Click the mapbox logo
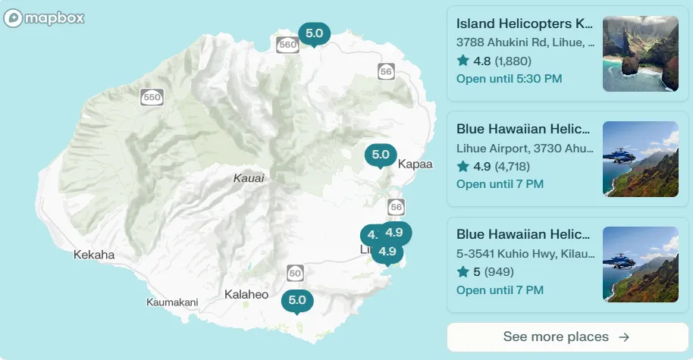(43, 18)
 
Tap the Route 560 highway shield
(287, 45)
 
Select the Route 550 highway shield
(152, 97)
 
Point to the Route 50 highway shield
(296, 273)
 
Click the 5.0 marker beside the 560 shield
(315, 33)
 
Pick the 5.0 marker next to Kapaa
(381, 155)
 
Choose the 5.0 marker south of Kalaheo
(297, 299)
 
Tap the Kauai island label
(249, 179)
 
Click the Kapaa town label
(415, 164)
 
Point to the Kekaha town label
(94, 255)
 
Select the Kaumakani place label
(172, 302)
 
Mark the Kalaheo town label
(246, 294)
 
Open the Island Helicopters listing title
(525, 23)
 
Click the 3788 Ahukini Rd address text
(525, 42)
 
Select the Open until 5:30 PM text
(509, 79)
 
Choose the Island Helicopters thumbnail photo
(640, 54)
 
